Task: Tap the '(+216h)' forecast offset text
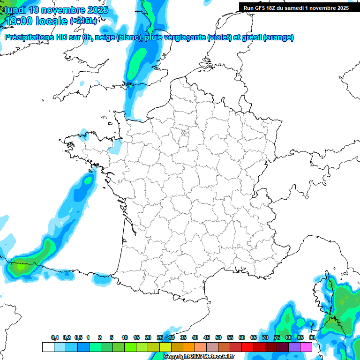pos(83,21)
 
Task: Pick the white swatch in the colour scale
pos(48,347)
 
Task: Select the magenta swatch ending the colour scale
pos(306,347)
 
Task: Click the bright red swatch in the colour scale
pos(247,347)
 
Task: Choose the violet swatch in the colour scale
pos(294,347)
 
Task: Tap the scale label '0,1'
pos(55,337)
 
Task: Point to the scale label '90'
pos(312,337)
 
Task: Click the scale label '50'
pos(218,337)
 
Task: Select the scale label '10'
pos(125,337)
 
